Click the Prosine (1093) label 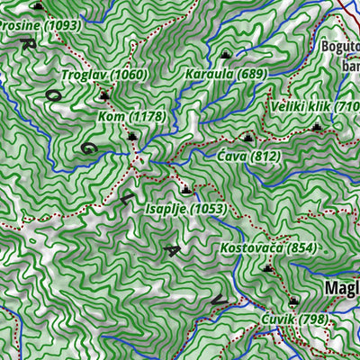click(x=40, y=26)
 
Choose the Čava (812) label click(x=249, y=157)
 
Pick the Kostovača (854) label click(x=268, y=247)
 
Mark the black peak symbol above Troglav click(x=105, y=94)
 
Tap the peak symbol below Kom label click(x=133, y=137)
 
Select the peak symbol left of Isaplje click(x=185, y=190)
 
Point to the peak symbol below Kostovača click(x=268, y=268)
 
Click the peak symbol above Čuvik click(x=292, y=302)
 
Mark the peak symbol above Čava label click(x=248, y=138)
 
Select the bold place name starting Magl click(x=341, y=288)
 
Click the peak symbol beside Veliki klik click(x=316, y=128)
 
